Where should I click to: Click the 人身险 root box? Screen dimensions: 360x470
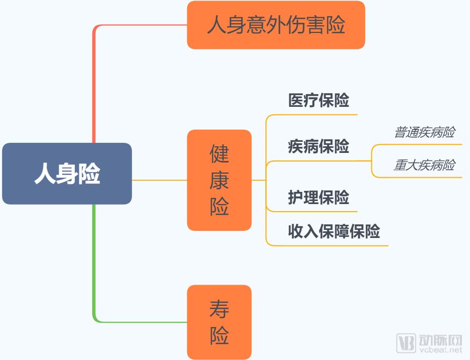pyautogui.click(x=67, y=174)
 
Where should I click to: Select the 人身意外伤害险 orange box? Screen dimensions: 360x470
pyautogui.click(x=276, y=25)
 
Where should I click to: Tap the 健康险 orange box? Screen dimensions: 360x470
pyautogui.click(x=219, y=180)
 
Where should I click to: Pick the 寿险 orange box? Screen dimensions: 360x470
pyautogui.click(x=219, y=322)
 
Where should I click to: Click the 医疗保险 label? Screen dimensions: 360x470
pyautogui.click(x=319, y=100)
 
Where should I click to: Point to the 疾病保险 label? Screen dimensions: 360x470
pyautogui.click(x=319, y=146)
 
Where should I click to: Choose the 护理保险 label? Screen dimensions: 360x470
pyautogui.click(x=319, y=197)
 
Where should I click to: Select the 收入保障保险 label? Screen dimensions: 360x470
pyautogui.click(x=334, y=231)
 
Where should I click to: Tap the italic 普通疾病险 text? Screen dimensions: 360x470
pyautogui.click(x=424, y=132)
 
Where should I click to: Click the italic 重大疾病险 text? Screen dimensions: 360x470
pyautogui.click(x=424, y=165)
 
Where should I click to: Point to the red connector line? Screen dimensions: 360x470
pyautogui.click(x=94, y=81)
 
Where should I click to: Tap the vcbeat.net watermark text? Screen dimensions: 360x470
pyautogui.click(x=440, y=349)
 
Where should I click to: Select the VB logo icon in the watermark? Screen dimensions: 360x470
pyautogui.click(x=405, y=343)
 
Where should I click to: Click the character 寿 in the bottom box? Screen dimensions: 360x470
pyautogui.click(x=219, y=309)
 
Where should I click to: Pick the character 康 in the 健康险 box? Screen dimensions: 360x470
pyautogui.click(x=219, y=180)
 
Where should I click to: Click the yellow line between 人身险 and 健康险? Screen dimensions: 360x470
pyautogui.click(x=159, y=180)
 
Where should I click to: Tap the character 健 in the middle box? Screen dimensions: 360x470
pyautogui.click(x=219, y=153)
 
